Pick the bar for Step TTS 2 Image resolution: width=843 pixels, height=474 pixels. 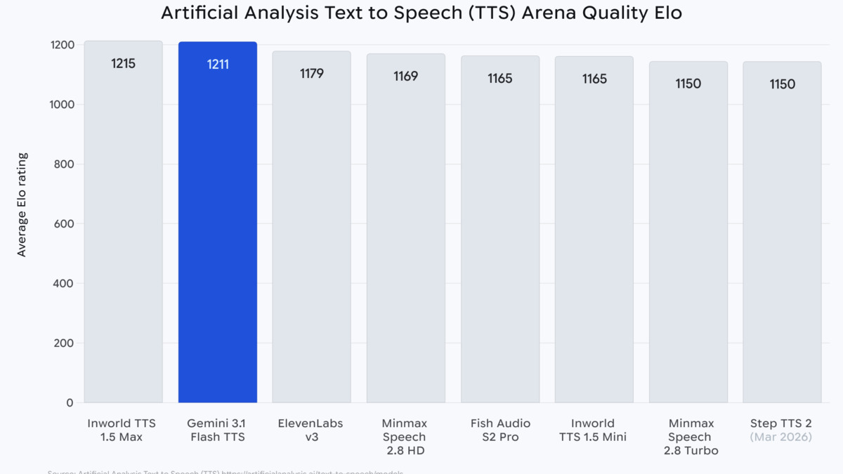coord(782,246)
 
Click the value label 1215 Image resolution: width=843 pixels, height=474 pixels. coord(123,64)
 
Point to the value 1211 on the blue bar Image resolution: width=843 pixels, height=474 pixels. coord(217,65)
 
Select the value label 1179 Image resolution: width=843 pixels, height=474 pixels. coord(311,73)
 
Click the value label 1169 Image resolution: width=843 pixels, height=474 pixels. coord(405,76)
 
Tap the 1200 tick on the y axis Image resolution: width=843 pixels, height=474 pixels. coord(62,45)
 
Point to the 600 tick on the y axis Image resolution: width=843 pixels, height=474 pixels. coord(64,224)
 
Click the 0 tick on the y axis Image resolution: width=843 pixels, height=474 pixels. coord(70,403)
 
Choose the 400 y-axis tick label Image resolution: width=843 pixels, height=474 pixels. coord(63,284)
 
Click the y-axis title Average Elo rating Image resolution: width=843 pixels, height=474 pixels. coord(22,204)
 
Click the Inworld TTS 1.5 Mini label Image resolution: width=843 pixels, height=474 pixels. coord(594,430)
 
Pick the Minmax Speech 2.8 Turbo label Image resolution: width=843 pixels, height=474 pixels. coord(691,437)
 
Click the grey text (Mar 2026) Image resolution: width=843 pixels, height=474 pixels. coord(780,437)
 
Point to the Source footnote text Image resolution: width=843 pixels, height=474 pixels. coord(225,471)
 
